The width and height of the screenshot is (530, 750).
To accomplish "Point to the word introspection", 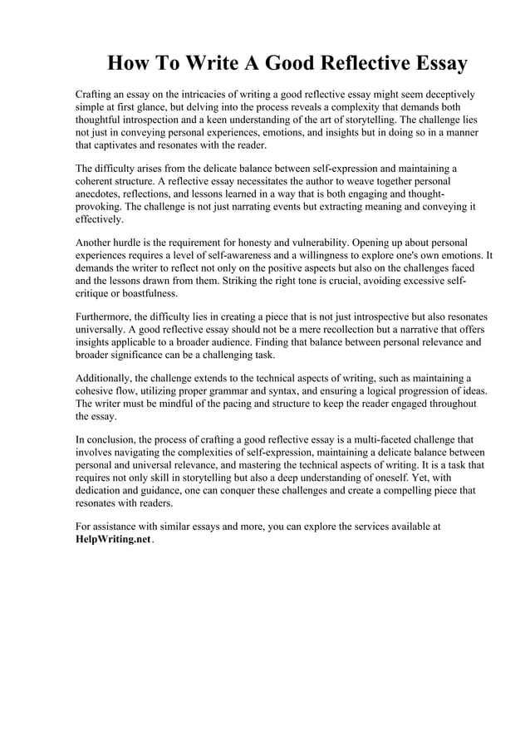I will tap(157, 120).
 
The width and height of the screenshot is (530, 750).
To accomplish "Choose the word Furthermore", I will tap(104, 317).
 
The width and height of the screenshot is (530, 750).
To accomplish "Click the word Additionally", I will tap(105, 379).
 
